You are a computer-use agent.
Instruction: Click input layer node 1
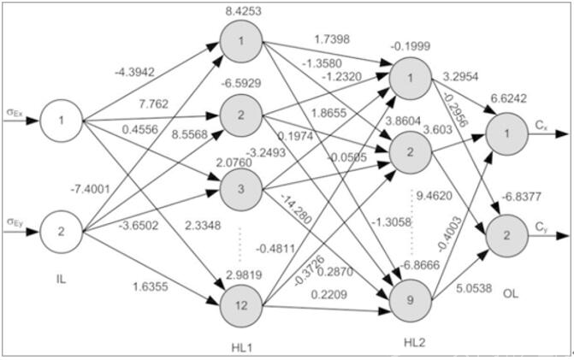coord(61,121)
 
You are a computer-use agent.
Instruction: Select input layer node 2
coord(61,232)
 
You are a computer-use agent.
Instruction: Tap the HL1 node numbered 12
coord(241,306)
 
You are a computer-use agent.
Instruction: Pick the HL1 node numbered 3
coord(241,189)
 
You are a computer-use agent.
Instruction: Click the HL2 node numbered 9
coord(411,300)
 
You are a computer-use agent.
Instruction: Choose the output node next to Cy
coord(507,235)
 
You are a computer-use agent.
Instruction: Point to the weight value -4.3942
coord(134,72)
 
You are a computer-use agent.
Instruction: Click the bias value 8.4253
coord(244,11)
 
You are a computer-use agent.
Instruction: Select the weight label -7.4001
coord(90,189)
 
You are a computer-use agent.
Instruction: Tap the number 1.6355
coord(151,286)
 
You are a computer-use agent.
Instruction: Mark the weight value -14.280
coord(296,209)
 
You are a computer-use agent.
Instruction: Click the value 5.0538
coord(474,288)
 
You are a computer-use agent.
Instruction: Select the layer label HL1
coord(242,347)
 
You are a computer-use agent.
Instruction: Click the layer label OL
coord(511,293)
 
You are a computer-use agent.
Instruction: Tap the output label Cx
coord(541,125)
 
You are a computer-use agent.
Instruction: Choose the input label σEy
coord(15,221)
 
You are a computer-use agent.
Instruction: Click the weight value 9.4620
coord(435,196)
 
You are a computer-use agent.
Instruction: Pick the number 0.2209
coord(329,294)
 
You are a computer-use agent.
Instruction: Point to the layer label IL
coord(61,280)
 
